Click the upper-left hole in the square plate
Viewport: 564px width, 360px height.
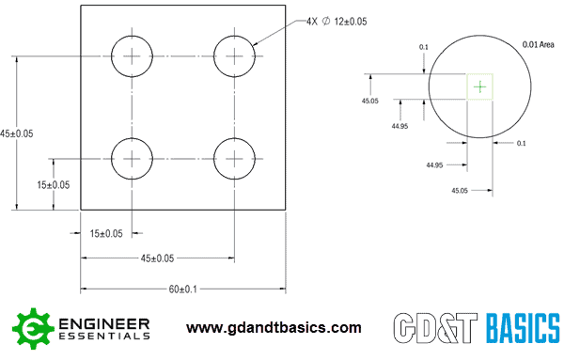(133, 56)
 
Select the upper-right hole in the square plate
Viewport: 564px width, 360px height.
(234, 56)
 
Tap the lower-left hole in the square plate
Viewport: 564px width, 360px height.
(133, 157)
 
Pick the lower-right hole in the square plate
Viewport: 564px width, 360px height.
(234, 157)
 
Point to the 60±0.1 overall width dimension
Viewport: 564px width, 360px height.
(182, 290)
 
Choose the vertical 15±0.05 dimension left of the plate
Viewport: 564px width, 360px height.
(54, 184)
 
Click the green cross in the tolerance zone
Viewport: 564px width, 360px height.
(480, 86)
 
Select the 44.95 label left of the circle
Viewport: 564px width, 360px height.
(399, 126)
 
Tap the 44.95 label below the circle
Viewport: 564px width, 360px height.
(433, 165)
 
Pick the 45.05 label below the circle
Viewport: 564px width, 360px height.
(460, 190)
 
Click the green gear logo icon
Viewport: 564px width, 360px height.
(31, 328)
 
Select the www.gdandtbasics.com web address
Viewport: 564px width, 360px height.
(274, 328)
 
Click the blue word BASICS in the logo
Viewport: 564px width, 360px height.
(523, 329)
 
